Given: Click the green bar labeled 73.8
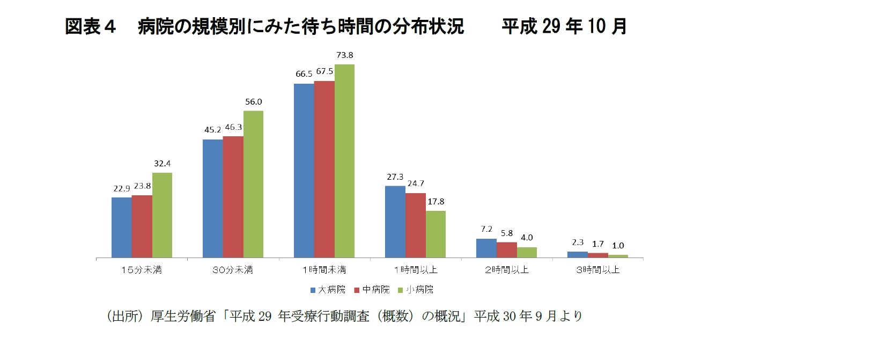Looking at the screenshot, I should point(344,161).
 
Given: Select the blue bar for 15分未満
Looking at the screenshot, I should point(121,227).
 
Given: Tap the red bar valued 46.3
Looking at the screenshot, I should point(233,197).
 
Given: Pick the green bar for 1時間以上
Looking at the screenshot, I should point(435,234).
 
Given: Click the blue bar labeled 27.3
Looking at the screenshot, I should point(395,222).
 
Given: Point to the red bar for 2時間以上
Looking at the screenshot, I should point(506,250).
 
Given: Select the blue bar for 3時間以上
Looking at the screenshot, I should point(577,255).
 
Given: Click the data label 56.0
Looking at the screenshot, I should point(253,102).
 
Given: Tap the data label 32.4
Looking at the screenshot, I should point(162,164).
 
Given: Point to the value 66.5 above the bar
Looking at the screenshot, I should point(304,74).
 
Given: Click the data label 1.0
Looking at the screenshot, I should point(618,246).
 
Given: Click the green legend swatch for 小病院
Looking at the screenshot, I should point(400,290).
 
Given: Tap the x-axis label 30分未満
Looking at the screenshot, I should point(233,270).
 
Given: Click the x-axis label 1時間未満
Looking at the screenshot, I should point(324,270).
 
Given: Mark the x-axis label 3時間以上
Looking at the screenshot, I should point(597,270).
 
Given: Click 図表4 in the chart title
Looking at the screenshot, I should point(90,26).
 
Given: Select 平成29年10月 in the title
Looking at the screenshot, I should point(564,26).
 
